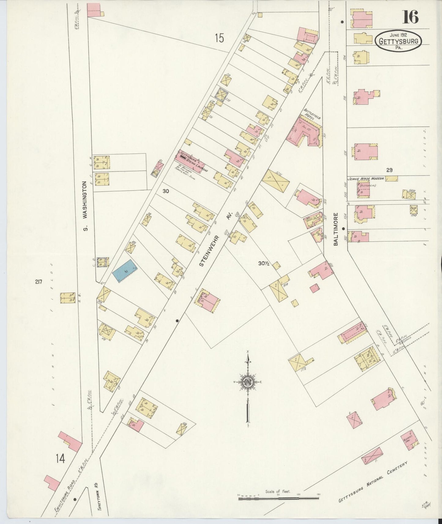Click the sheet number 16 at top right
(x=410, y=17)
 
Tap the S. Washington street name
(x=86, y=205)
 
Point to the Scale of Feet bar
(x=278, y=498)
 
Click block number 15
(x=219, y=39)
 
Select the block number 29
(x=389, y=170)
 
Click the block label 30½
(x=263, y=264)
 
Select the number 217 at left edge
(x=38, y=282)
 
